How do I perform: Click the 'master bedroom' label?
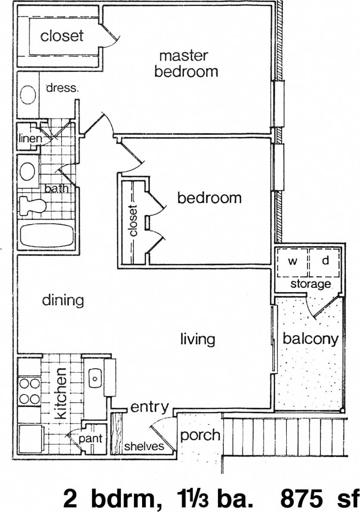(186, 64)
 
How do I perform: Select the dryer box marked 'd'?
(325, 262)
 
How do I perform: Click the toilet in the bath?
(33, 206)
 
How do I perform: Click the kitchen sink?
(94, 378)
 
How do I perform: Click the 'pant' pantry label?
(91, 438)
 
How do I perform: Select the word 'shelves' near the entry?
(144, 446)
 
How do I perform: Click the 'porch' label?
(200, 435)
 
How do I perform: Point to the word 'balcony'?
(310, 339)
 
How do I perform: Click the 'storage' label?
(310, 284)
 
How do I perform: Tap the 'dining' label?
(63, 300)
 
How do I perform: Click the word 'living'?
(197, 339)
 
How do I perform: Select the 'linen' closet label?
(30, 139)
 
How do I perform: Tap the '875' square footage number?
(301, 499)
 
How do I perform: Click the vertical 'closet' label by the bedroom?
(133, 220)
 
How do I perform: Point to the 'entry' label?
(149, 407)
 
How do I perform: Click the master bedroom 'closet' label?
(62, 36)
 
